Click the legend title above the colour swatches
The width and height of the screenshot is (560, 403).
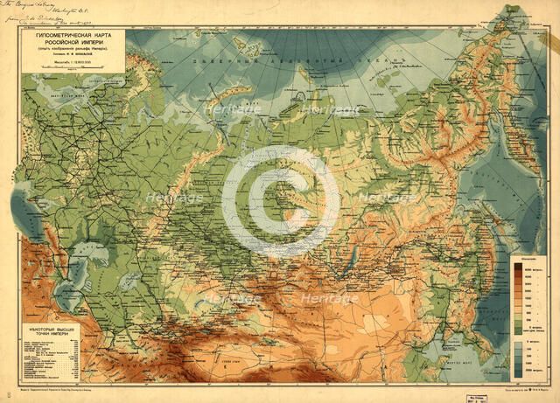(525, 259)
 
